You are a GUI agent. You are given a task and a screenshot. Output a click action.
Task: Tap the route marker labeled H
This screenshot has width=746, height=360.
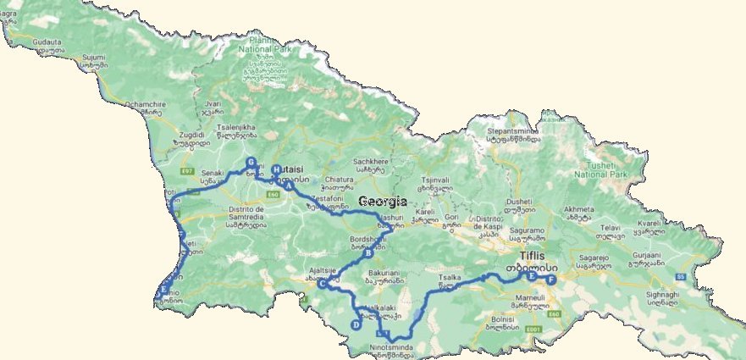[x=276, y=169]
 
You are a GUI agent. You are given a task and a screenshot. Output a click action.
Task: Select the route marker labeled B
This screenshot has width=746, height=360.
[x=367, y=252]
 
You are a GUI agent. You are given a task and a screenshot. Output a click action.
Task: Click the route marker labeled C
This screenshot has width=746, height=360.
[x=322, y=284]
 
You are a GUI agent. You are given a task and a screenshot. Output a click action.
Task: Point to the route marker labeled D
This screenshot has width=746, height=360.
[x=356, y=324]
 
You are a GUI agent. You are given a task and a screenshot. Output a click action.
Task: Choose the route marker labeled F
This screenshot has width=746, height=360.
[x=551, y=280]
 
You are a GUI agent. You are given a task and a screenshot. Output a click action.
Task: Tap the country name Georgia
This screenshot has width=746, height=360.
[x=383, y=202]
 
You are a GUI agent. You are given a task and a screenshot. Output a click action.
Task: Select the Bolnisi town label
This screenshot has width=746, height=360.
[x=501, y=319]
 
